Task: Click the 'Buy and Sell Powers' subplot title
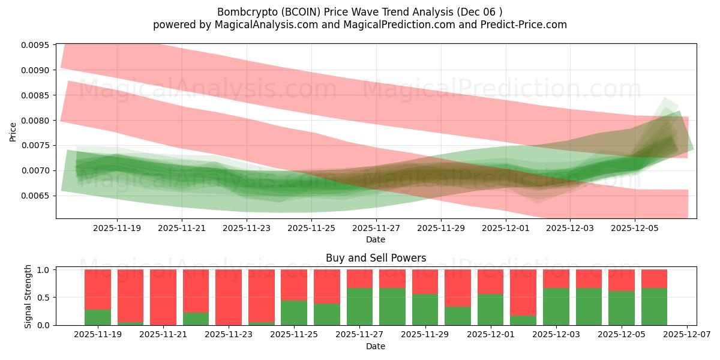pyautogui.click(x=376, y=258)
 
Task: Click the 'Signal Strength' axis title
pyautogui.click(x=28, y=297)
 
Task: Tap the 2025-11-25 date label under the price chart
pyautogui.click(x=311, y=229)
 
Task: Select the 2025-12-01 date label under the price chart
pyautogui.click(x=505, y=229)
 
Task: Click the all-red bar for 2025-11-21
pyautogui.click(x=163, y=297)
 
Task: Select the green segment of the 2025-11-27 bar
pyautogui.click(x=359, y=307)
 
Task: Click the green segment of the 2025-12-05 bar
pyautogui.click(x=621, y=308)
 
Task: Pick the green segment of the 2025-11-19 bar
pyautogui.click(x=98, y=317)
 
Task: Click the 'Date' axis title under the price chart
pyautogui.click(x=376, y=240)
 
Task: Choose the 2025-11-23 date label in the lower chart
pyautogui.click(x=229, y=335)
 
